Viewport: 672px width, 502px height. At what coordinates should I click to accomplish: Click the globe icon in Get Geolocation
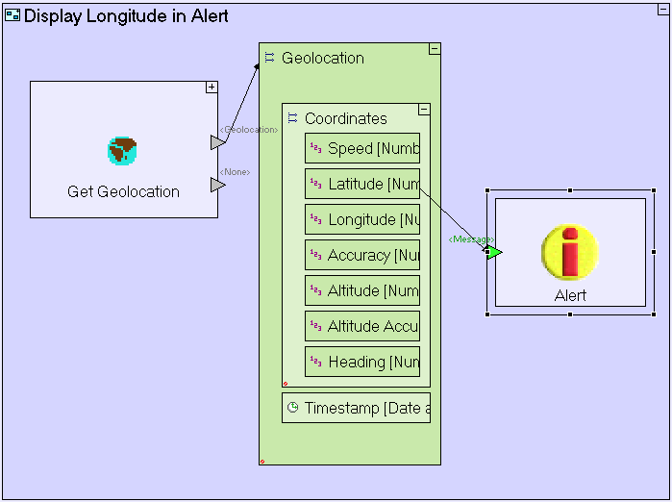point(122,151)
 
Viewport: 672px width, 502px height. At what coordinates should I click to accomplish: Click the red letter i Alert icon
point(570,252)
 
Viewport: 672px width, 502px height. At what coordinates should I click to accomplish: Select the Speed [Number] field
point(362,148)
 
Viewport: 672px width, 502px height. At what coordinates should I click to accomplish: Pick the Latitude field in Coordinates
point(362,184)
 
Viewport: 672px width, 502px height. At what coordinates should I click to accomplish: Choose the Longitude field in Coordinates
point(362,219)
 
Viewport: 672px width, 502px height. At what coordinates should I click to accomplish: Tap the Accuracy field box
point(362,255)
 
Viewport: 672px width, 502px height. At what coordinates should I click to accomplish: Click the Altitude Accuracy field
point(362,326)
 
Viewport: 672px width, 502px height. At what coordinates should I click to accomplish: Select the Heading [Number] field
point(362,362)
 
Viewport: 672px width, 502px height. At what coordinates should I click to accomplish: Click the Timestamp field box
point(356,408)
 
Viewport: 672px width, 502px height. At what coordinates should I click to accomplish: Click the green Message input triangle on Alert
point(494,252)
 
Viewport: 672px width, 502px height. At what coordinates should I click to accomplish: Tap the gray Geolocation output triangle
point(217,142)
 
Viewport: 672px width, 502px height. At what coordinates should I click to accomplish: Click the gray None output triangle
point(217,185)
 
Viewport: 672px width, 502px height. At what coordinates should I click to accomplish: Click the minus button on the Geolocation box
point(435,49)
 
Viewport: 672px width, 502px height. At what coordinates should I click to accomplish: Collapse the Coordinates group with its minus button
point(424,110)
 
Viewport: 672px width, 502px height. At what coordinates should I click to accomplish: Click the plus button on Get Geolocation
point(212,88)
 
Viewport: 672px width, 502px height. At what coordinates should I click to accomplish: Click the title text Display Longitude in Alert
point(126,16)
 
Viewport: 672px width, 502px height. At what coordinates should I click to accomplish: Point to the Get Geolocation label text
point(123,191)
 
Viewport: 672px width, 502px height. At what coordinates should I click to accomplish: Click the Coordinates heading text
point(345,118)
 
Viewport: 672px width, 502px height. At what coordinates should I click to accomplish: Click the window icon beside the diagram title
point(12,16)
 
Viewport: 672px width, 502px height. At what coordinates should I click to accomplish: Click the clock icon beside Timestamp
point(292,408)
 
